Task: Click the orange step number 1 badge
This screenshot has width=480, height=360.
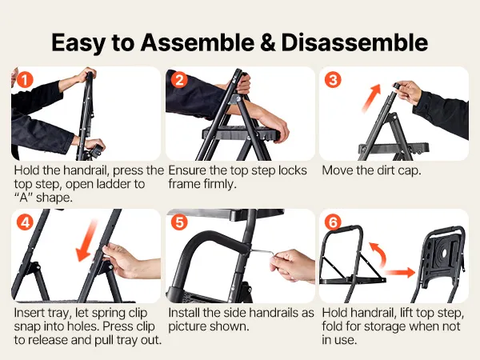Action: click(25, 79)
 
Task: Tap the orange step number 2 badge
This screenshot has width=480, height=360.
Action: click(180, 79)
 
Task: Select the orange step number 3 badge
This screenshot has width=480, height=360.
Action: click(333, 79)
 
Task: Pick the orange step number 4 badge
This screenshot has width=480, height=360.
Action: click(25, 222)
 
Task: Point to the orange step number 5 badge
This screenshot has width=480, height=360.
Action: click(180, 222)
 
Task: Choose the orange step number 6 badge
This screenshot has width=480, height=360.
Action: click(333, 222)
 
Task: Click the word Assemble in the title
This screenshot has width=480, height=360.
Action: click(197, 42)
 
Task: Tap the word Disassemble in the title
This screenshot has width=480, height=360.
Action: click(354, 42)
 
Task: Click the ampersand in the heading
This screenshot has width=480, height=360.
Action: click(267, 42)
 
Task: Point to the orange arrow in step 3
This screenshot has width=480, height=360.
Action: click(371, 98)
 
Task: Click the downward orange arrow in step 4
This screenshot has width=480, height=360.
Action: click(86, 242)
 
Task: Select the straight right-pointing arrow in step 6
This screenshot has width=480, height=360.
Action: click(399, 272)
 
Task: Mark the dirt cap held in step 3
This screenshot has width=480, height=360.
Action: click(397, 86)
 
